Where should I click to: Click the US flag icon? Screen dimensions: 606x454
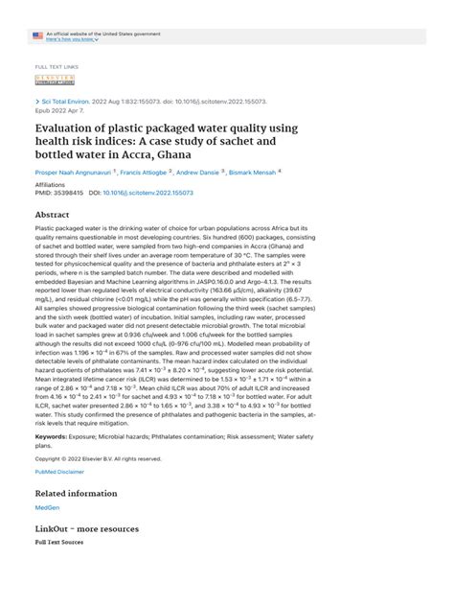click(37, 35)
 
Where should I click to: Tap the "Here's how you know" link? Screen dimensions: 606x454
click(70, 39)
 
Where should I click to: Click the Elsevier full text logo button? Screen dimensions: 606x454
click(52, 82)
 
